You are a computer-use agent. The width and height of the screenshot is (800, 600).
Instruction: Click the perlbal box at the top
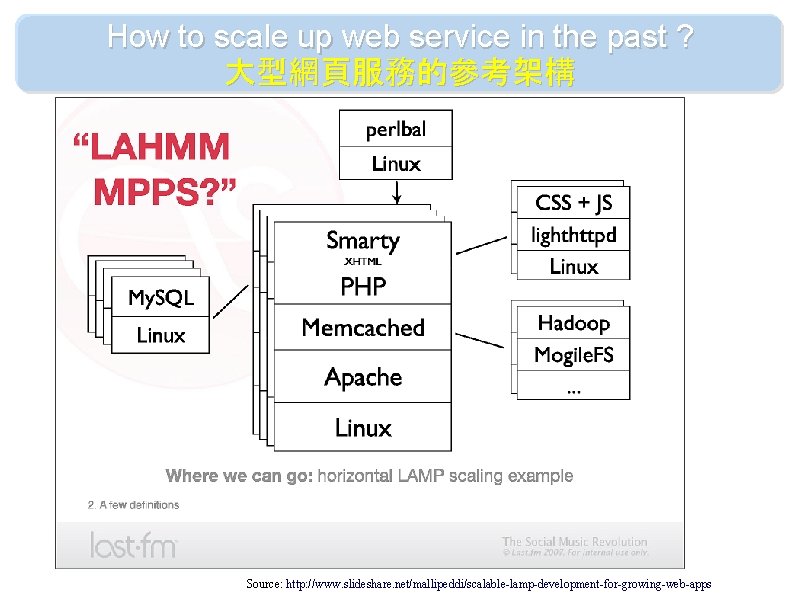[396, 129]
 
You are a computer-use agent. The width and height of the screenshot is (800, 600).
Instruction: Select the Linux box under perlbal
[396, 163]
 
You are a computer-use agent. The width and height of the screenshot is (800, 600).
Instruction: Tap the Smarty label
[362, 241]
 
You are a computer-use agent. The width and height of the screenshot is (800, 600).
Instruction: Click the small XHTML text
[362, 262]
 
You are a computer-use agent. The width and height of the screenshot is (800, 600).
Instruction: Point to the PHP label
[362, 287]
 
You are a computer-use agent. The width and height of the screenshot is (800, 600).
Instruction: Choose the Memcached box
[362, 328]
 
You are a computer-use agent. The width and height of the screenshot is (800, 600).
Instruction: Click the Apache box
[362, 377]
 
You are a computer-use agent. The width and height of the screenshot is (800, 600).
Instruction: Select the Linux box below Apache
[362, 428]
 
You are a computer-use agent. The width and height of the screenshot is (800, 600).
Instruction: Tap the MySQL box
[161, 298]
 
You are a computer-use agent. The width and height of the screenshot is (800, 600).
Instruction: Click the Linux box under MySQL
[161, 336]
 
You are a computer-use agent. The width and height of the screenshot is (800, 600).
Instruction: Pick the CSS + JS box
[573, 203]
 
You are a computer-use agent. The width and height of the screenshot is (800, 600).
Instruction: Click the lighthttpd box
[573, 236]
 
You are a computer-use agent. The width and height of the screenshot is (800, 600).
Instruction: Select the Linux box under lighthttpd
[573, 266]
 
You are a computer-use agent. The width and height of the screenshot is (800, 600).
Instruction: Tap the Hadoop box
[573, 323]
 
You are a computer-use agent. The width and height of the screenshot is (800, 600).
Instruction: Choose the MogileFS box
[573, 355]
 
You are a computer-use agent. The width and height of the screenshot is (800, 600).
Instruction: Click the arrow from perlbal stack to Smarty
[397, 190]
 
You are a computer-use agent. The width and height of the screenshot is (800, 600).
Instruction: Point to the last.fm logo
[133, 544]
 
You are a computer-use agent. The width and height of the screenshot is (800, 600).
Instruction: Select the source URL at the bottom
[479, 583]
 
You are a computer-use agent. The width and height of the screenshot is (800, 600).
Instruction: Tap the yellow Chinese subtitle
[400, 73]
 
